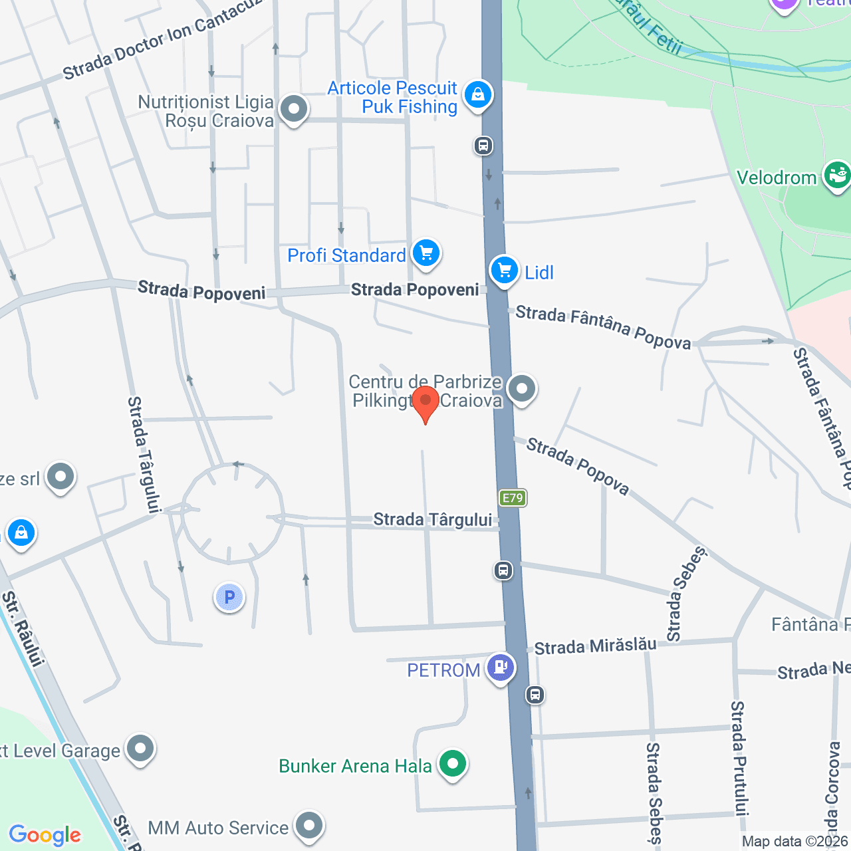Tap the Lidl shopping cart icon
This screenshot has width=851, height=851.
[505, 271]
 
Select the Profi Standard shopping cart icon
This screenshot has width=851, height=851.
[426, 253]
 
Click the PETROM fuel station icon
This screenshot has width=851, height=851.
[501, 667]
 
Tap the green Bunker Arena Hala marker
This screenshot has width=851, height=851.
[453, 763]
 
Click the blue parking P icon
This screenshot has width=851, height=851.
[229, 597]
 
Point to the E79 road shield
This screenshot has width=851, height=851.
[513, 497]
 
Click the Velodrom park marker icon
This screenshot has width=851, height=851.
[836, 176]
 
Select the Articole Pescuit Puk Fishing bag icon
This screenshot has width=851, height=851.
[477, 95]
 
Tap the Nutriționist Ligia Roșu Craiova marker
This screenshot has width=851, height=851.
[293, 109]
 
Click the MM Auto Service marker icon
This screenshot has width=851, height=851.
[308, 826]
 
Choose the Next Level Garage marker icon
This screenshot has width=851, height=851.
[140, 749]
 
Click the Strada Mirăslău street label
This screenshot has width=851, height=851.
[595, 646]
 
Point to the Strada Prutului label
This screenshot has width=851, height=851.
[739, 758]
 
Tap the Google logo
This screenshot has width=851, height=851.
[45, 835]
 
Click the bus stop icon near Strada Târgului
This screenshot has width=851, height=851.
[503, 570]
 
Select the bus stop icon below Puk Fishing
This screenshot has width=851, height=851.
[483, 145]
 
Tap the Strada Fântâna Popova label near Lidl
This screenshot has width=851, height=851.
[603, 326]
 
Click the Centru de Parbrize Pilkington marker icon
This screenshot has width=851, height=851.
[522, 388]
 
